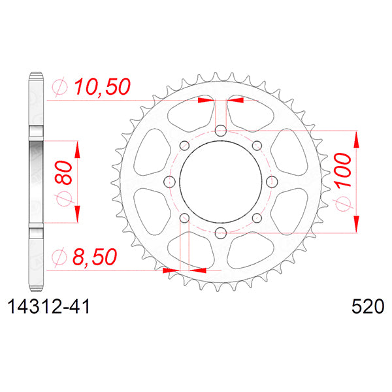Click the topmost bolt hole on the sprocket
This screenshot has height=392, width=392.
(221, 131)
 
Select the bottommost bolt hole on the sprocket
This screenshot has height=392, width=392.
(221, 232)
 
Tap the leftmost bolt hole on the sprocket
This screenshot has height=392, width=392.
(170, 182)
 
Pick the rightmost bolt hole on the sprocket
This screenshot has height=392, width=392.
(272, 182)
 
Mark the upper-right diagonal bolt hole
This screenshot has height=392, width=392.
(257, 145)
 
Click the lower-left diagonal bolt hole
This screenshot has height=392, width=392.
(184, 218)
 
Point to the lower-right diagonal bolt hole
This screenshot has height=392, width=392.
(257, 218)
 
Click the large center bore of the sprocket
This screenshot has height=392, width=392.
(221, 182)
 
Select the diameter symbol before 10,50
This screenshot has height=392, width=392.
(59, 87)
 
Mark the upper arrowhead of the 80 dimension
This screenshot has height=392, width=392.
(77, 148)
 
